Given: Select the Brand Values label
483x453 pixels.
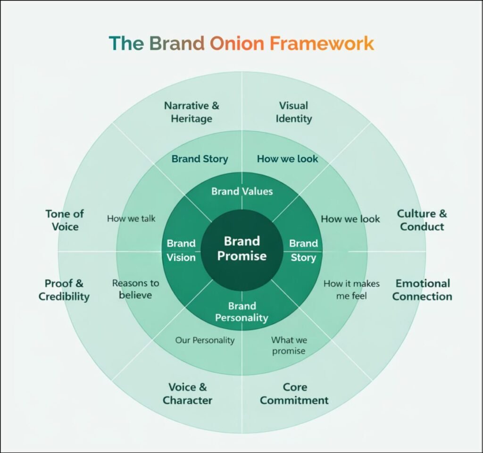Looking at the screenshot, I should (242, 191).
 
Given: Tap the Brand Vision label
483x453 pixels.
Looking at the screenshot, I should (181, 250).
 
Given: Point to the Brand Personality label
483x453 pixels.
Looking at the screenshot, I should (242, 312).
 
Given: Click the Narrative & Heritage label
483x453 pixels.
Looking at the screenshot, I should (192, 112).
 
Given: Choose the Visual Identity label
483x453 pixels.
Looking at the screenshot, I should (293, 112).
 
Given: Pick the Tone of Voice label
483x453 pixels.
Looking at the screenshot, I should (65, 220).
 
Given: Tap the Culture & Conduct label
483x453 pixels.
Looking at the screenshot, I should (422, 220).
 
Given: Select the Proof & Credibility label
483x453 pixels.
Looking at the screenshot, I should (64, 290).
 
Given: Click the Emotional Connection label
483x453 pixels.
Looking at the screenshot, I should (422, 290).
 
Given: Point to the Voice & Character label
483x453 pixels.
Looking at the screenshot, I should (188, 394).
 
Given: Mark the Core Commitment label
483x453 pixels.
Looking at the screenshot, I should (294, 394).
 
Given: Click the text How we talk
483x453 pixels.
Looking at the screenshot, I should (131, 218).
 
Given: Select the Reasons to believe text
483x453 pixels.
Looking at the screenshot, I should (135, 289).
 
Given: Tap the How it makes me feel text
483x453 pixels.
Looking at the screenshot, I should (351, 290).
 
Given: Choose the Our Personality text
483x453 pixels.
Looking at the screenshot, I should (205, 340).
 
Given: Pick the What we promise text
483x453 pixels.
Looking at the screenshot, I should (289, 345).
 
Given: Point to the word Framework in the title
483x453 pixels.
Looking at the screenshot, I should (322, 43).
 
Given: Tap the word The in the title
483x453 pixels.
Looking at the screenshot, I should (126, 43).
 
